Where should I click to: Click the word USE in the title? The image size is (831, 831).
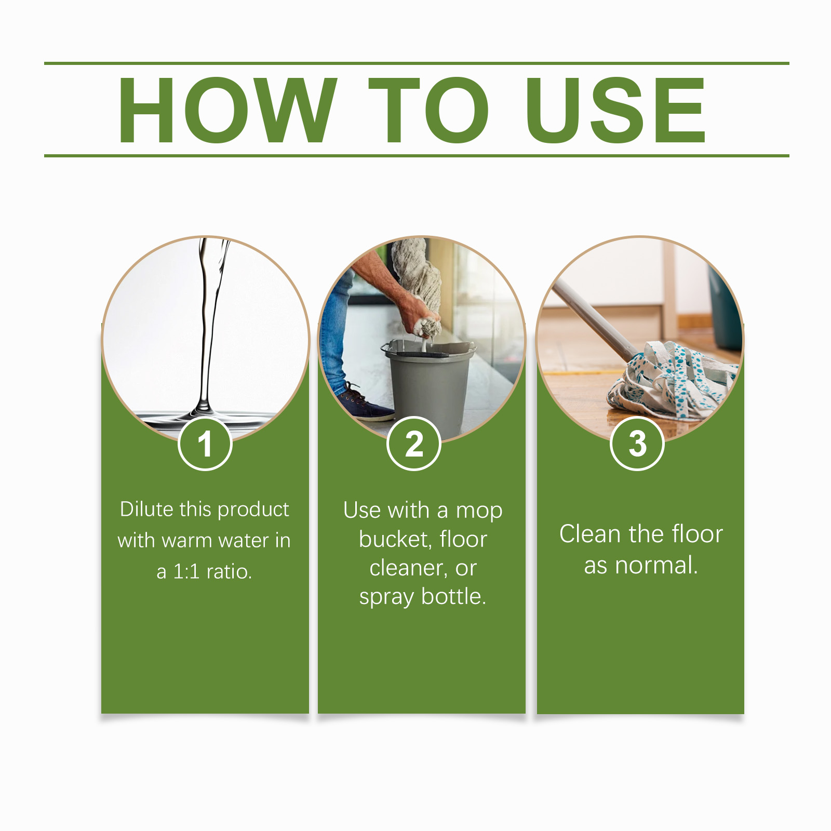click(615, 110)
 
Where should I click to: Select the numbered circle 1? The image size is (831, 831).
click(205, 444)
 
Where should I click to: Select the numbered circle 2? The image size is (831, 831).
click(414, 444)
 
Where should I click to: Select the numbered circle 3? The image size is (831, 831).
click(637, 444)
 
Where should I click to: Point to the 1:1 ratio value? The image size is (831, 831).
click(186, 572)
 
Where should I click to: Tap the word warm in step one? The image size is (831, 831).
click(189, 541)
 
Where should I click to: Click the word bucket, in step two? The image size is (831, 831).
click(395, 539)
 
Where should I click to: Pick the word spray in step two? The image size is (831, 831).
click(387, 597)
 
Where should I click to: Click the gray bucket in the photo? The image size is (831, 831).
click(429, 385)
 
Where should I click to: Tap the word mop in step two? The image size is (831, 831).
click(479, 511)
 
